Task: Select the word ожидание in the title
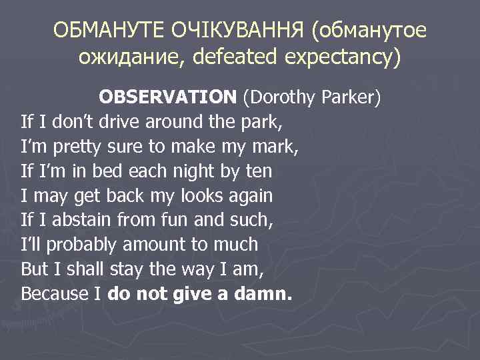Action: [127, 59]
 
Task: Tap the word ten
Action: [259, 171]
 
